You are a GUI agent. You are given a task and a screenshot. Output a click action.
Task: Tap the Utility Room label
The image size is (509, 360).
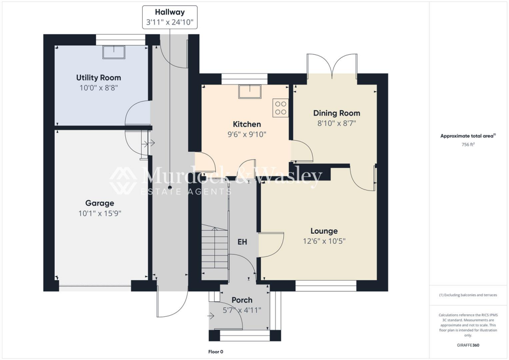coord(98,78)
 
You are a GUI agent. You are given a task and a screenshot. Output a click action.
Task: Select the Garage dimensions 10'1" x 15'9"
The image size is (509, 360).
coord(99,213)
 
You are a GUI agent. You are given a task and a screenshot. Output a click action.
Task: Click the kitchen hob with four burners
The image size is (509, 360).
coord(280,108)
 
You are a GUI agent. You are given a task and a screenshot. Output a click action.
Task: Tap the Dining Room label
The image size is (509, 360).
coord(336,113)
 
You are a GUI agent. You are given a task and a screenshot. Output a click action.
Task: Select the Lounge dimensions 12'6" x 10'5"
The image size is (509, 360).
coord(324,241)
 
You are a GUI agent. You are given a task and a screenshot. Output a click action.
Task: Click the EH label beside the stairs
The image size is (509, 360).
coord(242,242)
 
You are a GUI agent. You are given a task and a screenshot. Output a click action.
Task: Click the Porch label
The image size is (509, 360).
coord(242,300)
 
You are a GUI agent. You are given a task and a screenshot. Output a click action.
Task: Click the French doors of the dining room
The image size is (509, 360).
coord(332,65)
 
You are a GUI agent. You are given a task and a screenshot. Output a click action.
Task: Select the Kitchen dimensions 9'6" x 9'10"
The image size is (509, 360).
coord(247,134)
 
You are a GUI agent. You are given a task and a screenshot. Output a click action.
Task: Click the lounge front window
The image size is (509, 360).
coord(326,285)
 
